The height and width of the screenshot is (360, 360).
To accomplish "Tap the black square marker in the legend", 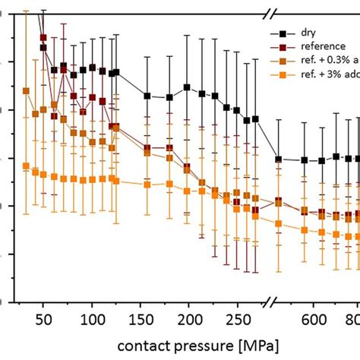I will [x=283, y=33].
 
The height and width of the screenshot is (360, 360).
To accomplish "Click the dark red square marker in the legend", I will [x=283, y=47].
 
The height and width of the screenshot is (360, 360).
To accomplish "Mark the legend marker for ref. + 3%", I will [x=283, y=74].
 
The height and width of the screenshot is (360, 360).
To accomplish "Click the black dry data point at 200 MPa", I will [x=187, y=87].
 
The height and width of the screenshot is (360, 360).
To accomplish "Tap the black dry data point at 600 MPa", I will [x=304, y=160].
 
